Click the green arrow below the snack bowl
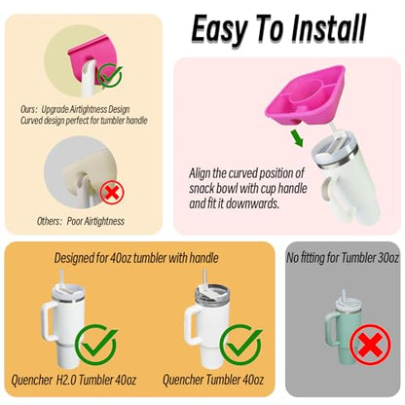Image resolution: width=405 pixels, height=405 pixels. [x=297, y=138]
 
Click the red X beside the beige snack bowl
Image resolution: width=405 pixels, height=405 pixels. [x=112, y=192]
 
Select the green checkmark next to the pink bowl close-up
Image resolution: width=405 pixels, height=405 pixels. [x=110, y=76]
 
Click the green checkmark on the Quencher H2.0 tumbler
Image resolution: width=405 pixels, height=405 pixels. [x=96, y=346]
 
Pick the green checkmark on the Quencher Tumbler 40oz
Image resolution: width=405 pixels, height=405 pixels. [x=240, y=346]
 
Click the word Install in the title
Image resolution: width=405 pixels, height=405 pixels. [x=328, y=29]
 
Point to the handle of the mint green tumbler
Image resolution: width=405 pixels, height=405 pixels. [x=329, y=327]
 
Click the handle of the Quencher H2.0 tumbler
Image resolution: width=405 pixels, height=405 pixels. [x=47, y=320]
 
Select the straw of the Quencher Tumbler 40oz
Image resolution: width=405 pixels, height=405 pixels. [x=205, y=278]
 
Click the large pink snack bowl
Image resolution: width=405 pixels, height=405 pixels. [x=305, y=96]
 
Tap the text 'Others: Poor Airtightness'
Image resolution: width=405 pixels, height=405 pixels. [x=81, y=221]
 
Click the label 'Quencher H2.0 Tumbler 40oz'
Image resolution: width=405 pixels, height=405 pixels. [x=73, y=380]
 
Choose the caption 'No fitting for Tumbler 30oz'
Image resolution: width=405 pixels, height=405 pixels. [x=343, y=258]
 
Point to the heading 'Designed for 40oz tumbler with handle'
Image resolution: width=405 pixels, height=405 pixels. [x=136, y=258]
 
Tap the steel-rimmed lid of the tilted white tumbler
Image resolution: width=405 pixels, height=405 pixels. [x=334, y=153]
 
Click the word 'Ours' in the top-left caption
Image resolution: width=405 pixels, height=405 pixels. [x=26, y=110]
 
